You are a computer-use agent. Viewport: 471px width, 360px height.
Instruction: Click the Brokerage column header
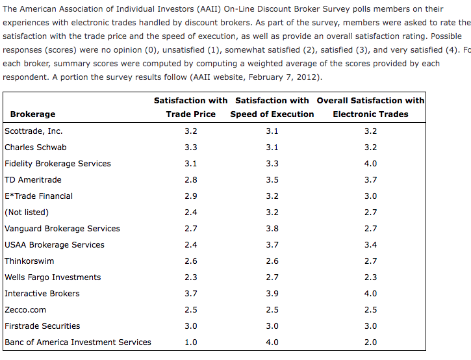point(32,114)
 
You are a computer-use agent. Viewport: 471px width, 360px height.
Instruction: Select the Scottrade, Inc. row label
point(34,131)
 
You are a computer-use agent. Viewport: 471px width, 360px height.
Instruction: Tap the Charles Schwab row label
point(36,147)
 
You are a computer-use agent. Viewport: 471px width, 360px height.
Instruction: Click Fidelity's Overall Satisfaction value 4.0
point(370,163)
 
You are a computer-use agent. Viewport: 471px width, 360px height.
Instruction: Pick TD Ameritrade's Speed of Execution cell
point(272,179)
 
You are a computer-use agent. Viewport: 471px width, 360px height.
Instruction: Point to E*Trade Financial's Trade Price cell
point(191,196)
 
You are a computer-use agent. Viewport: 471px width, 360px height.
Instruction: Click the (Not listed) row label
point(27,212)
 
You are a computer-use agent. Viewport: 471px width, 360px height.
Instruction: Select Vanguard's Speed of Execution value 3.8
point(272,228)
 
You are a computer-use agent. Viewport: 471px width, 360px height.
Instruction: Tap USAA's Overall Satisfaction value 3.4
point(370,244)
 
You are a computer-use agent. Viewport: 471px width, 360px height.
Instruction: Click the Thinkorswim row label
point(30,261)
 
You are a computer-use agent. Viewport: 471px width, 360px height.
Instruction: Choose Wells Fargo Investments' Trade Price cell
point(191,277)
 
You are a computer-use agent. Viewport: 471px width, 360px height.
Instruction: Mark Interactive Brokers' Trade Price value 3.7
point(191,293)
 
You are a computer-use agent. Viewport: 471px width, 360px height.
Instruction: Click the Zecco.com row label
point(26,309)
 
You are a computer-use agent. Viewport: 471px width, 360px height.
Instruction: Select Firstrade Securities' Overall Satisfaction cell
point(370,326)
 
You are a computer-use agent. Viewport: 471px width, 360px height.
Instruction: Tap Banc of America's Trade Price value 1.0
point(191,342)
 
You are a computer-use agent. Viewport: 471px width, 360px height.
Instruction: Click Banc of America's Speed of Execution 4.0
point(272,342)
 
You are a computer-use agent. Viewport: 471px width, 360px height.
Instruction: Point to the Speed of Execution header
point(272,107)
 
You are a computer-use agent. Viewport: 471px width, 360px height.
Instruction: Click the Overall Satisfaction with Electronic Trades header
point(370,107)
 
